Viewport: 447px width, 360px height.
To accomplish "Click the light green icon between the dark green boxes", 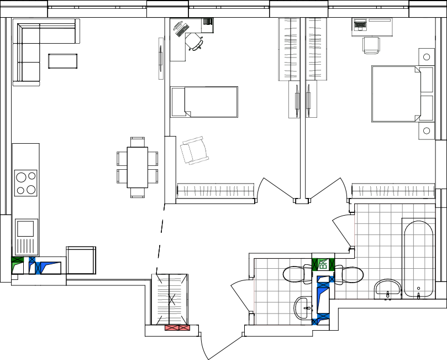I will [x=323, y=264].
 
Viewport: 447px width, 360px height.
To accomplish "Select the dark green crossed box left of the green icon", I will [x=314, y=264].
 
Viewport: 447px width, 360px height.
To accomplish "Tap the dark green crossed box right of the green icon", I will [x=332, y=264].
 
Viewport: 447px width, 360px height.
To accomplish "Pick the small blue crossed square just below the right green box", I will [x=332, y=279].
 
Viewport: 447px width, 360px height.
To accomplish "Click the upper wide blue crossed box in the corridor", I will [x=323, y=285].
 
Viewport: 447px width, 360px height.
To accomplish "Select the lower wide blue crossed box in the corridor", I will [x=323, y=316].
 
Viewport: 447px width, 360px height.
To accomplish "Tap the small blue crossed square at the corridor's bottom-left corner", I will [x=314, y=321].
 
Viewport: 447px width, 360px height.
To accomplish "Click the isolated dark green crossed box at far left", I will [x=18, y=259].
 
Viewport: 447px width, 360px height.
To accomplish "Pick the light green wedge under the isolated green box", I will [x=15, y=266].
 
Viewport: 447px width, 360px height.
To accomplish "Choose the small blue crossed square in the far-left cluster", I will [x=32, y=259].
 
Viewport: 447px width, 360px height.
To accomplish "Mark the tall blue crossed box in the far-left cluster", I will [x=38, y=268].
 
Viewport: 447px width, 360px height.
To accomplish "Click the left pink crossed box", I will [x=172, y=327].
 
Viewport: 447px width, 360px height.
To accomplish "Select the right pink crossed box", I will [x=185, y=327].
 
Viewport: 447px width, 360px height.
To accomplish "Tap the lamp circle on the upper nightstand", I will [x=427, y=56].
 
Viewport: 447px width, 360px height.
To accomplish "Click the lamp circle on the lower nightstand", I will [x=427, y=131].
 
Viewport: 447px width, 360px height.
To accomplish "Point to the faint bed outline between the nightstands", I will [x=395, y=93].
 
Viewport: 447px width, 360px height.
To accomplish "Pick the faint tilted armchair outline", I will [x=194, y=150].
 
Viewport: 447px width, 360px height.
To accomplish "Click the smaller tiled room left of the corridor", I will [x=282, y=291].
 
